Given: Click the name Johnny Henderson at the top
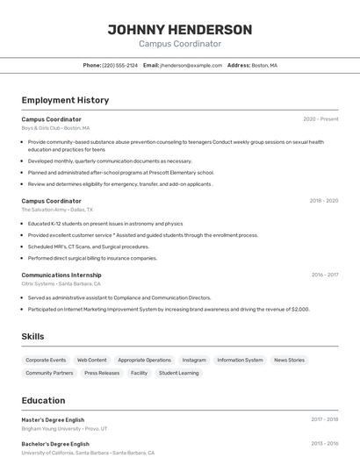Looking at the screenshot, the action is pyautogui.click(x=179, y=29).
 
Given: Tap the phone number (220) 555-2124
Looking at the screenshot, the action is pyautogui.click(x=119, y=65).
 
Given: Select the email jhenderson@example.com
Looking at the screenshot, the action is pyautogui.click(x=191, y=65).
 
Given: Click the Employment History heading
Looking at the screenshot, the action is pyautogui.click(x=65, y=100).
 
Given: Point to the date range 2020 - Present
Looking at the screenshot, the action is pyautogui.click(x=320, y=118).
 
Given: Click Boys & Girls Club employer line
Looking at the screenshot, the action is pyautogui.click(x=55, y=127).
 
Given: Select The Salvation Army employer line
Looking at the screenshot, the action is pyautogui.click(x=57, y=210).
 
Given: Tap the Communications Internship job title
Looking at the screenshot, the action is pyautogui.click(x=61, y=275).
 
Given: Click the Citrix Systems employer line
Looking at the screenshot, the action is pyautogui.click(x=61, y=283).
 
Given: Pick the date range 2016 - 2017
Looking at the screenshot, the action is pyautogui.click(x=324, y=275).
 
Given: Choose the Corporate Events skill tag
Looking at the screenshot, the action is pyautogui.click(x=46, y=360).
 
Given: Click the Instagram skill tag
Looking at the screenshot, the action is pyautogui.click(x=194, y=360).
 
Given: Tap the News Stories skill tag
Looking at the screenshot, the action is pyautogui.click(x=289, y=360).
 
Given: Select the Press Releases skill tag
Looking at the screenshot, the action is pyautogui.click(x=102, y=373).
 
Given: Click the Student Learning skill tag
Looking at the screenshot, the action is pyautogui.click(x=178, y=373).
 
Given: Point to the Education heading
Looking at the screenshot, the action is pyautogui.click(x=43, y=400).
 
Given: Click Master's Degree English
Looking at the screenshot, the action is pyautogui.click(x=53, y=419).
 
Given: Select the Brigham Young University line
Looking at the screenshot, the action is pyautogui.click(x=64, y=428).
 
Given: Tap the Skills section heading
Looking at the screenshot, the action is pyautogui.click(x=32, y=336).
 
